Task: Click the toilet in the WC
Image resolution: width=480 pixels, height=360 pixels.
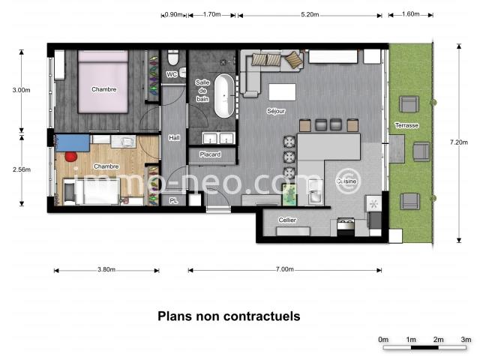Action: pyautogui.click(x=173, y=58)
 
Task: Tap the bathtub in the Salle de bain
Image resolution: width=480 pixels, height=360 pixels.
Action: pyautogui.click(x=223, y=96)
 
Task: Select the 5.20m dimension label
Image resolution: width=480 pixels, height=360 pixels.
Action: pyautogui.click(x=310, y=14)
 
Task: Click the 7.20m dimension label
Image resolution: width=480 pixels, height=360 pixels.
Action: pyautogui.click(x=459, y=142)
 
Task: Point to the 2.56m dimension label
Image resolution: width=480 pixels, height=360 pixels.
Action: pyautogui.click(x=22, y=169)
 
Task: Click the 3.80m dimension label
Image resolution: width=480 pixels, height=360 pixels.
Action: pyautogui.click(x=106, y=269)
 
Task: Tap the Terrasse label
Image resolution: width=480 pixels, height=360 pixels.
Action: pyautogui.click(x=406, y=125)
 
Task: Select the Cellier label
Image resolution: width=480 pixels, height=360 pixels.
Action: pyautogui.click(x=287, y=220)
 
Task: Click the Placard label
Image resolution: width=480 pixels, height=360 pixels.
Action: pyautogui.click(x=210, y=154)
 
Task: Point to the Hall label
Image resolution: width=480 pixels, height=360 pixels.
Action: pyautogui.click(x=174, y=138)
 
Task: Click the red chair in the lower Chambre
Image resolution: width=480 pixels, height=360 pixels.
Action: pyautogui.click(x=70, y=157)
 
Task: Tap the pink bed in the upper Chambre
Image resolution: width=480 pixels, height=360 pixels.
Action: pyautogui.click(x=103, y=82)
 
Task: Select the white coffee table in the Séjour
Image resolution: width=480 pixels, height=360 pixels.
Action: pyautogui.click(x=282, y=91)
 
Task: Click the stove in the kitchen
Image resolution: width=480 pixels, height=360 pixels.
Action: pyautogui.click(x=346, y=226)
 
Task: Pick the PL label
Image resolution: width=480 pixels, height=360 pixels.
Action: pyautogui.click(x=173, y=201)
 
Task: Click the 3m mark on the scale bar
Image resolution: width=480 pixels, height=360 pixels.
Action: pyautogui.click(x=466, y=340)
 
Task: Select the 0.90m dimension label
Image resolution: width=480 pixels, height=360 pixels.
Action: pyautogui.click(x=173, y=14)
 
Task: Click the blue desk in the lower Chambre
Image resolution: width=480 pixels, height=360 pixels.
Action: pyautogui.click(x=73, y=142)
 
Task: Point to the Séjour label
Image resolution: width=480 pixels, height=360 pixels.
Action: pyautogui.click(x=276, y=111)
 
